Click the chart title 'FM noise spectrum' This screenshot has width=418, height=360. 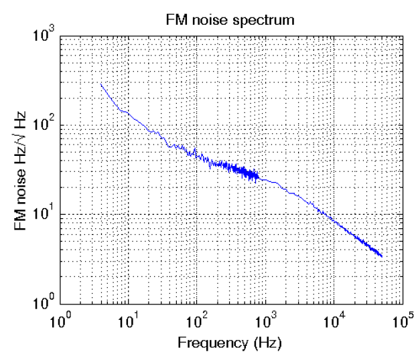[x=230, y=20]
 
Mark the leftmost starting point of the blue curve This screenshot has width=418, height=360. [x=100, y=84]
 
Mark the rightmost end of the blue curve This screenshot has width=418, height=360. [x=382, y=256]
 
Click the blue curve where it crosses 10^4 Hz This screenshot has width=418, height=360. [x=333, y=218]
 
